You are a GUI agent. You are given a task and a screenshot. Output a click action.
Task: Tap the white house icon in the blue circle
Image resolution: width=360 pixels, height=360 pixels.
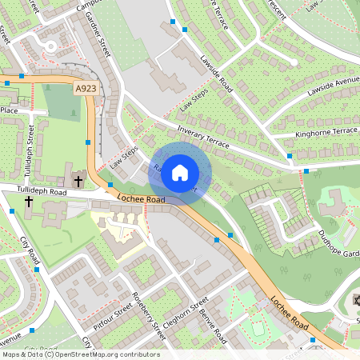click(x=180, y=172)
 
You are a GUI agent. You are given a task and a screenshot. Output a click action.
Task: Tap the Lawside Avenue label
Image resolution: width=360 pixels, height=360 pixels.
click(x=334, y=90)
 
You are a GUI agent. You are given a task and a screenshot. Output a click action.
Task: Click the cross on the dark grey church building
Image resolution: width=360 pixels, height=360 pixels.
click(x=78, y=181)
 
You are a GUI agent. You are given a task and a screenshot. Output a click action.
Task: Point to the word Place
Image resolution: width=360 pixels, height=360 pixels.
click(x=10, y=110)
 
